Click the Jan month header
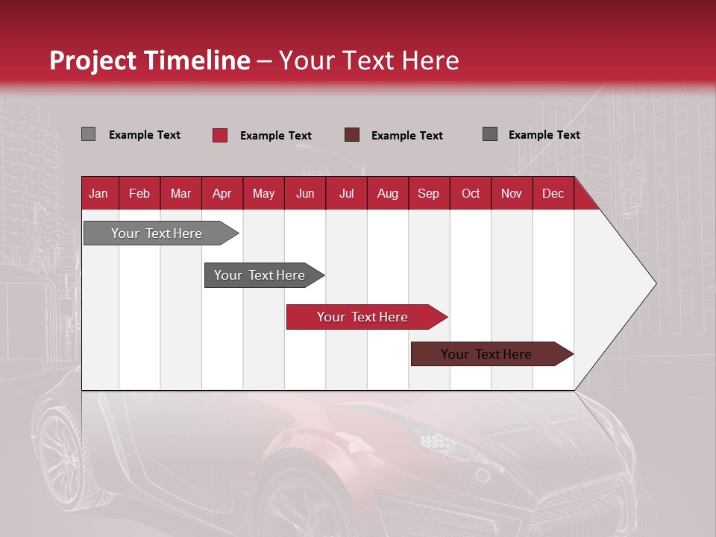coord(98,194)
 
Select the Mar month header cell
coord(180,194)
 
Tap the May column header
coord(263,194)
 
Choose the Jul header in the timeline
coord(346,194)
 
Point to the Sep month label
coord(428,194)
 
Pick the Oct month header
coord(471,194)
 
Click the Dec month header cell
coord(553,194)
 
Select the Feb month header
coord(139,194)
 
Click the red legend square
coord(220,135)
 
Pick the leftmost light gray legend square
coord(88,134)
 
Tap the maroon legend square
coord(352,135)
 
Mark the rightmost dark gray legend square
coord(490,134)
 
